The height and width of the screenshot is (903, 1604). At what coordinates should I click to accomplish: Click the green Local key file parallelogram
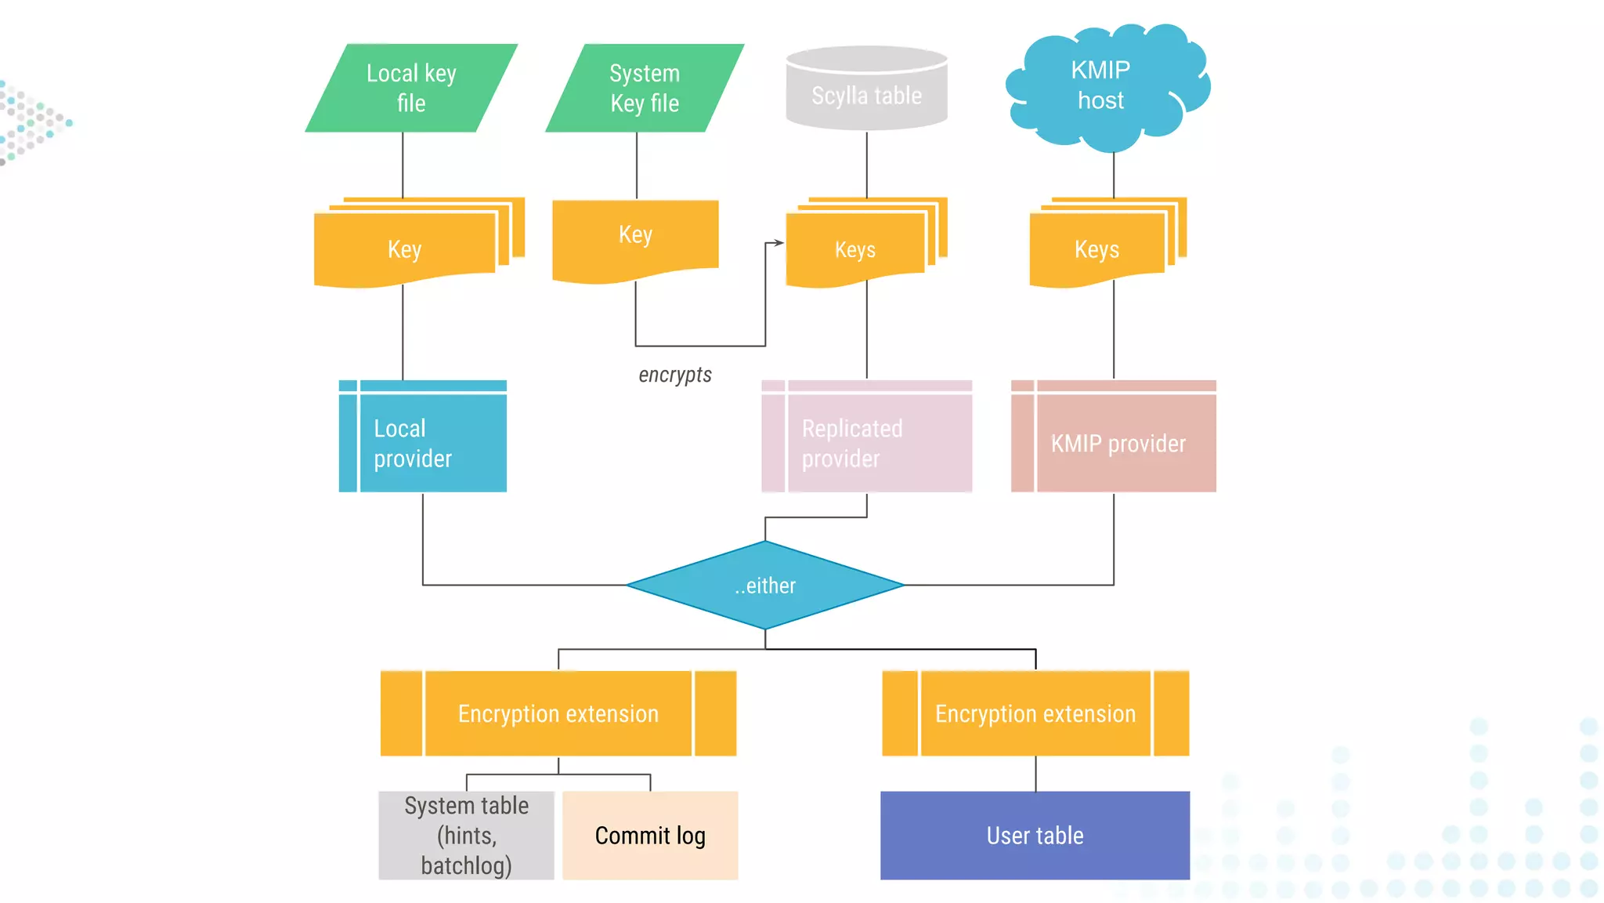pyautogui.click(x=411, y=88)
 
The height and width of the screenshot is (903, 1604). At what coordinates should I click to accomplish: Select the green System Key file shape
pyautogui.click(x=644, y=88)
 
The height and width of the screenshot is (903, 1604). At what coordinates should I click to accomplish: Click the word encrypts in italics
pyautogui.click(x=675, y=375)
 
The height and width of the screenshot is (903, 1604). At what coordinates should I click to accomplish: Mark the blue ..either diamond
pyautogui.click(x=765, y=586)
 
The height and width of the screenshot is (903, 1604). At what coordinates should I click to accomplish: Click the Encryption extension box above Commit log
pyautogui.click(x=558, y=713)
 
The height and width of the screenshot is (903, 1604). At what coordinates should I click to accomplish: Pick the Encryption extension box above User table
pyautogui.click(x=1035, y=713)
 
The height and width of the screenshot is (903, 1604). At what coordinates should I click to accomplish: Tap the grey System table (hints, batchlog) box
pyautogui.click(x=466, y=836)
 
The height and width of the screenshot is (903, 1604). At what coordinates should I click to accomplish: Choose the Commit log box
pyautogui.click(x=650, y=836)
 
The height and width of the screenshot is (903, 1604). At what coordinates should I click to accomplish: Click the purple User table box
pyautogui.click(x=1035, y=836)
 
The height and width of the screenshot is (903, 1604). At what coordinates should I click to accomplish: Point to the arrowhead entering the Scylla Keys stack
pyautogui.click(x=779, y=243)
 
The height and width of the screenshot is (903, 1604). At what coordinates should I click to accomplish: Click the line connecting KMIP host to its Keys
pyautogui.click(x=1114, y=174)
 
